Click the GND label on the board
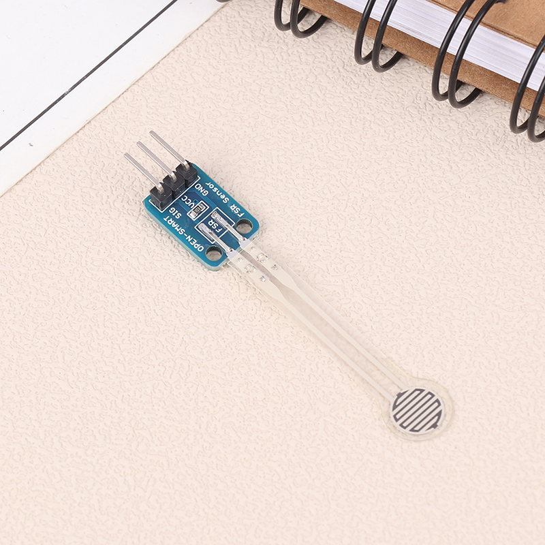201,191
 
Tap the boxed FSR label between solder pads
215,225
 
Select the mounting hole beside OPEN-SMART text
213,253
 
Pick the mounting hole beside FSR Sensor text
244,227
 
